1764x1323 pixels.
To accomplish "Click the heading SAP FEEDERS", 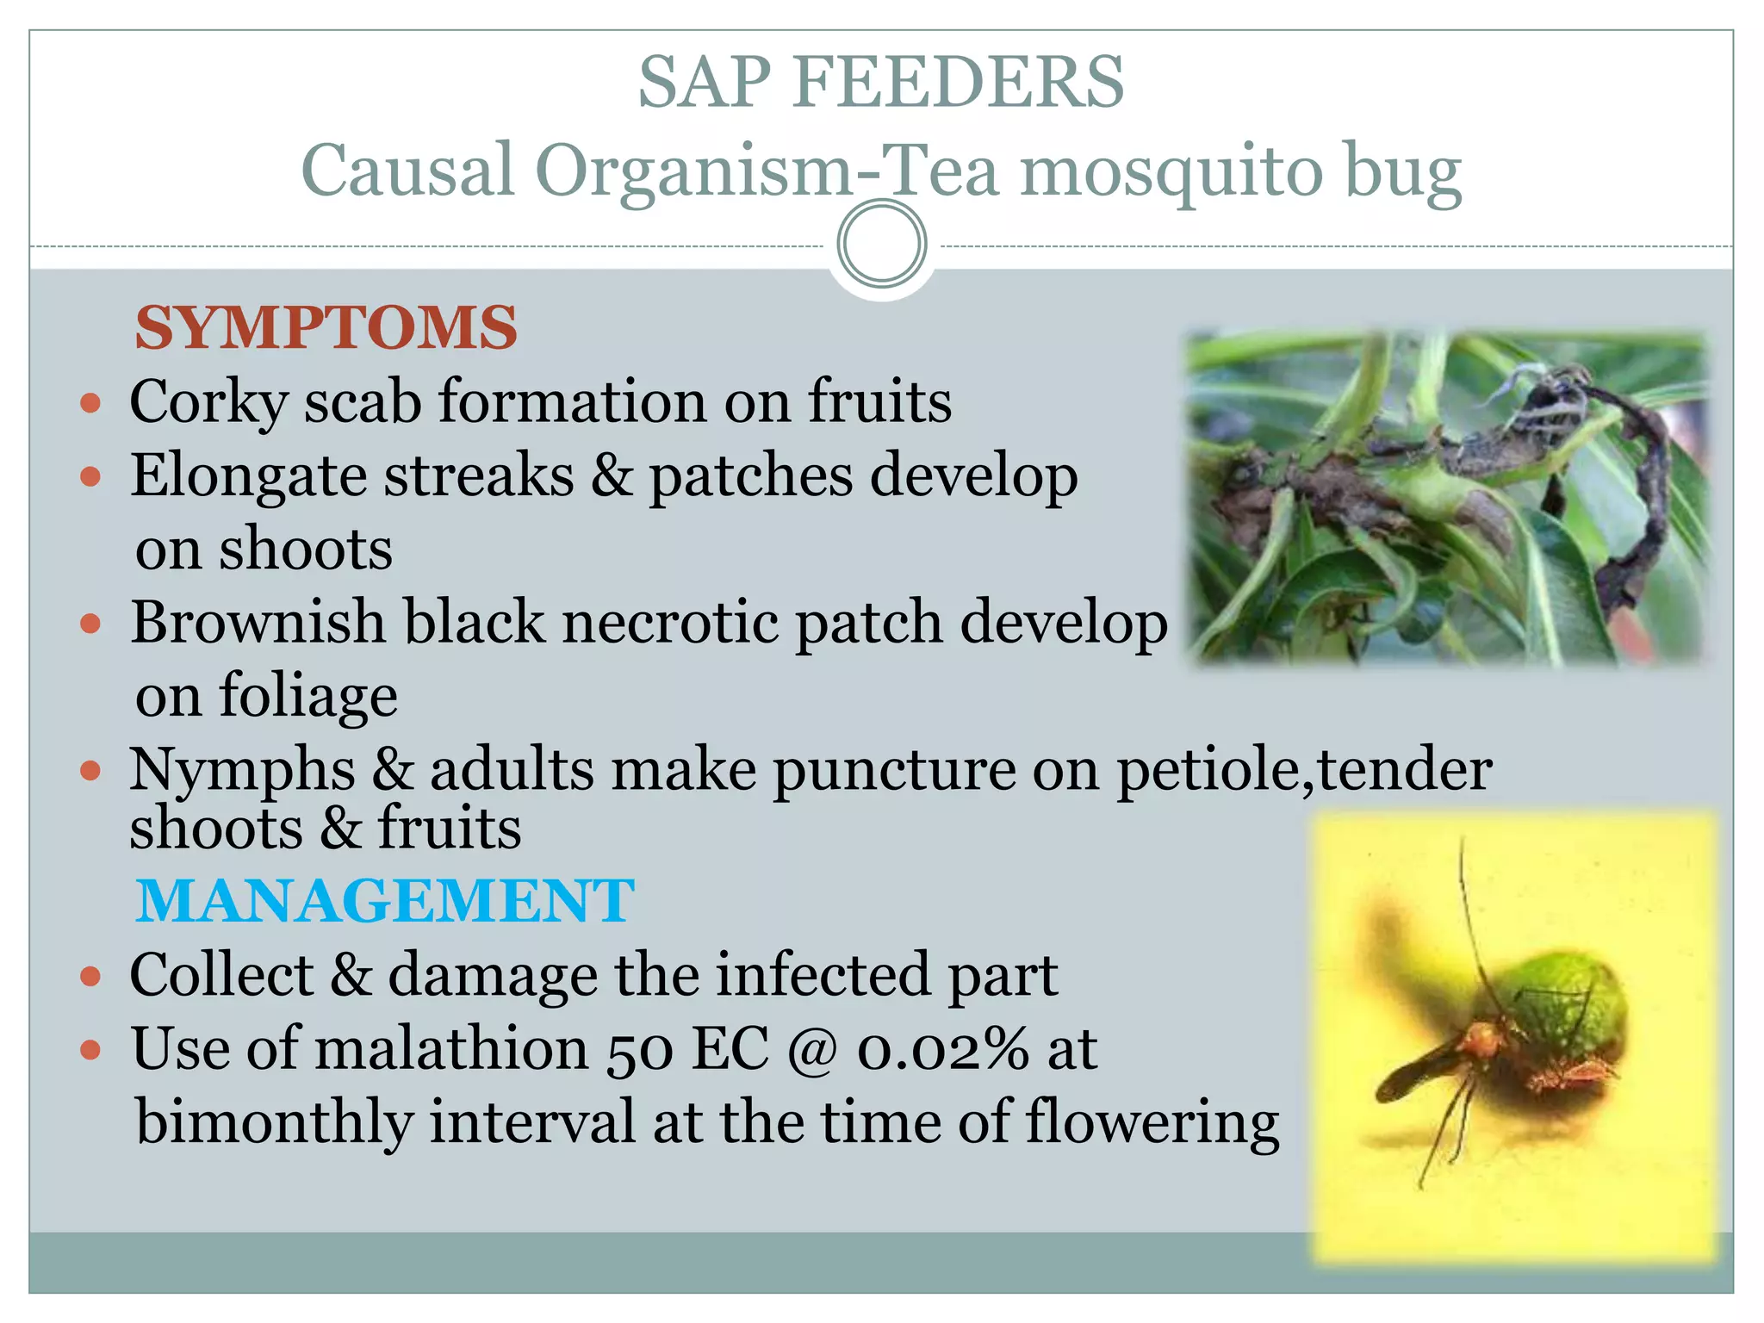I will coord(880,83).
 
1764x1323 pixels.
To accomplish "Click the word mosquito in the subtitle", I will coord(1171,171).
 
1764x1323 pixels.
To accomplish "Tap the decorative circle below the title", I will coord(881,244).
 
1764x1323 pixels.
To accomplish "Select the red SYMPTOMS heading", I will coord(326,328).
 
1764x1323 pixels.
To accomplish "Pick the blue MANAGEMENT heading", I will coord(385,901).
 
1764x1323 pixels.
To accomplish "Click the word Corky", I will coord(208,402).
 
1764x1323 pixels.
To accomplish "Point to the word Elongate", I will coord(248,476).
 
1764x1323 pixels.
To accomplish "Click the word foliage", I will coord(308,696).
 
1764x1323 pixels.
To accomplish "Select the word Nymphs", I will coord(242,769).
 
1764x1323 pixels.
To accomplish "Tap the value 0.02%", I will coord(942,1049).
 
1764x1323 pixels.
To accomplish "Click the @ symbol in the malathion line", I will coord(812,1049).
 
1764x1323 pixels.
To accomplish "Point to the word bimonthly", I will coord(274,1122).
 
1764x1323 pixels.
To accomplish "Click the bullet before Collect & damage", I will coord(90,977).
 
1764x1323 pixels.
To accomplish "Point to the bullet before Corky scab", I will coord(90,403).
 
